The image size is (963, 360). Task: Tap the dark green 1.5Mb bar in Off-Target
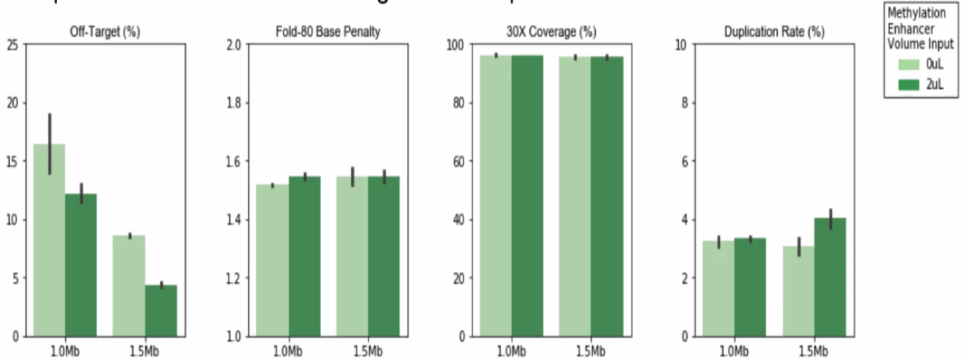click(160, 310)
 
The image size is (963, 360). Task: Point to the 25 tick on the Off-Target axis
click(13, 45)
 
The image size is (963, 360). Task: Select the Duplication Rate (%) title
click(774, 33)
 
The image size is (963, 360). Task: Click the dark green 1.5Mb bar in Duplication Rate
click(830, 277)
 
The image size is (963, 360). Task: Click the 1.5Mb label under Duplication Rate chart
click(814, 351)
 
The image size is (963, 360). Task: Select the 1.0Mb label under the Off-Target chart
click(64, 351)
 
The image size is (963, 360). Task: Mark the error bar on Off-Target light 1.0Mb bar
click(49, 144)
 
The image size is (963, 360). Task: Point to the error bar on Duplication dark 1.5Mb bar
click(830, 219)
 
